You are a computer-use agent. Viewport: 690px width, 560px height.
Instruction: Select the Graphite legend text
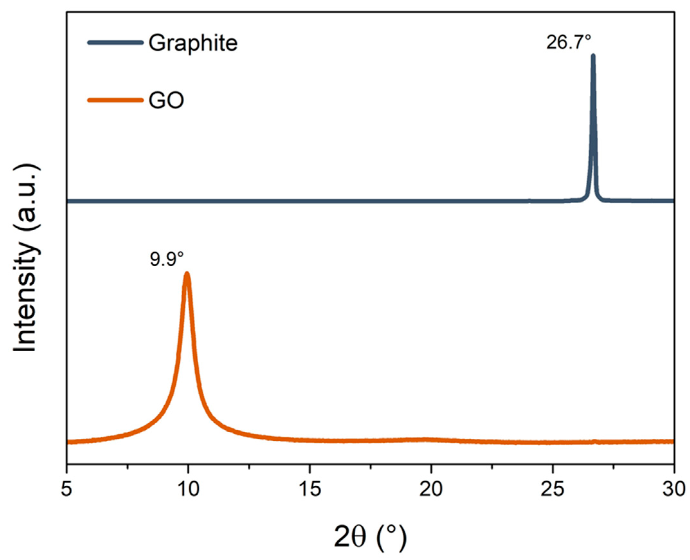(193, 43)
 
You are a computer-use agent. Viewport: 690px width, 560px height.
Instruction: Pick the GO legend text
(166, 100)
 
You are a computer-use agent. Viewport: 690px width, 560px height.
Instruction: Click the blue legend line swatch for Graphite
(115, 42)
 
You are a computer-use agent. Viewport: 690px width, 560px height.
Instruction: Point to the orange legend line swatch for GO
(115, 100)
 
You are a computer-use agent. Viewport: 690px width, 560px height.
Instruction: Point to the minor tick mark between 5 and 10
(128, 466)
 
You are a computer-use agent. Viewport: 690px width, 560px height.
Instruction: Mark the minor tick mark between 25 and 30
(613, 466)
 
